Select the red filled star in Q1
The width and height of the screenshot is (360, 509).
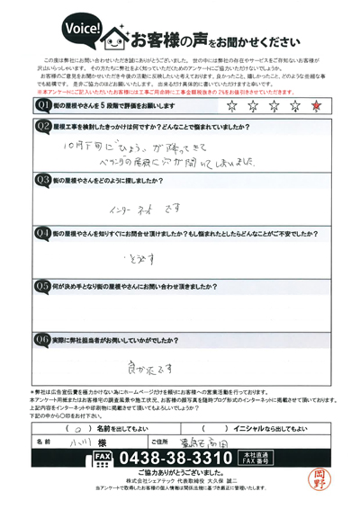[315, 104]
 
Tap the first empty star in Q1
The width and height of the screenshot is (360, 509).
[233, 104]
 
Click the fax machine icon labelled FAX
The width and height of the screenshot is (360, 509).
[102, 458]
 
